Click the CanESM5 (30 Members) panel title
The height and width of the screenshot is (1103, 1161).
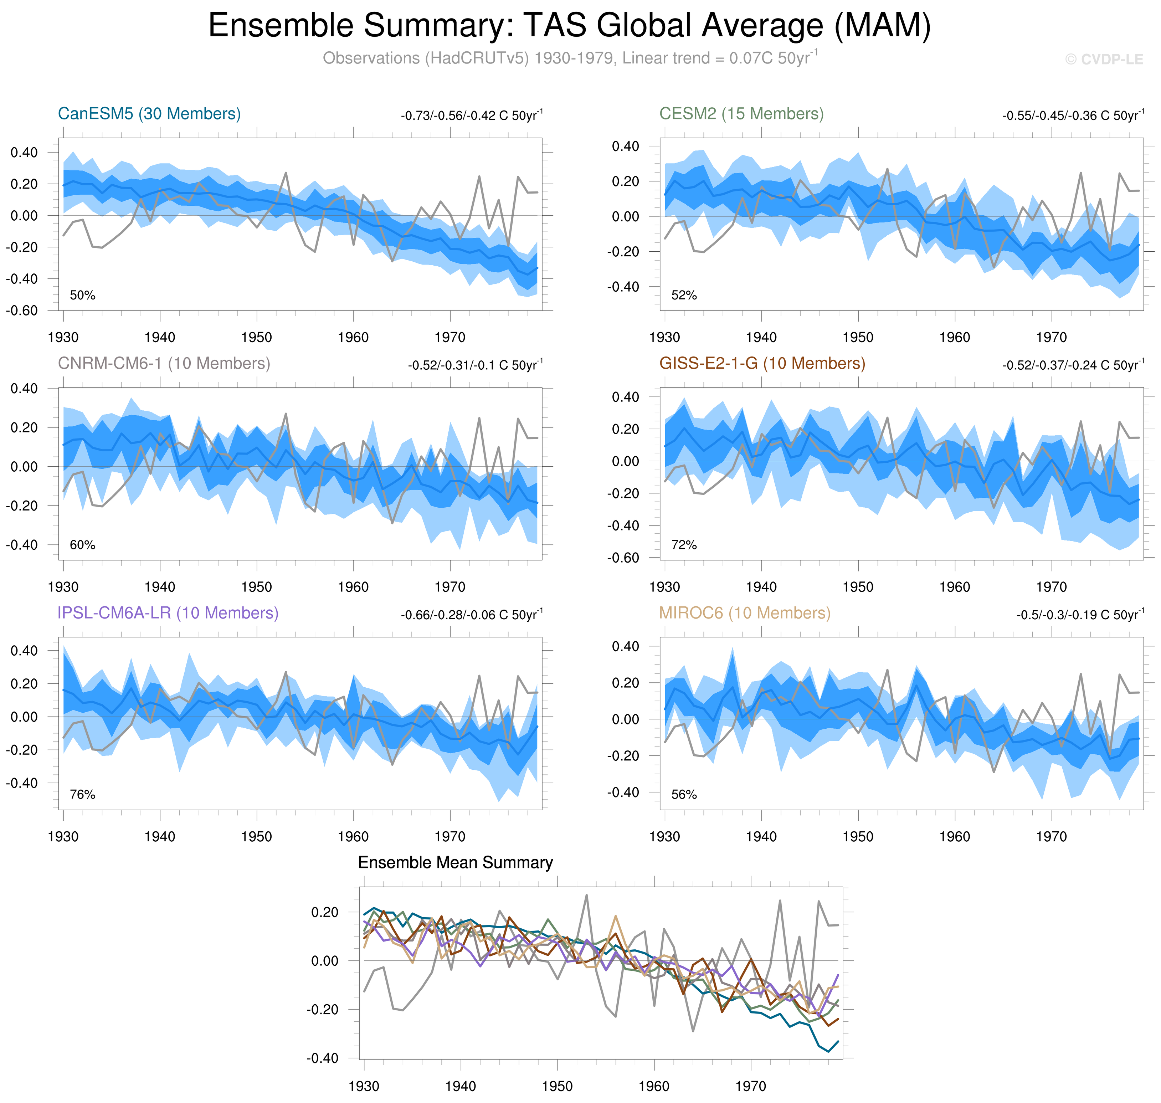149,113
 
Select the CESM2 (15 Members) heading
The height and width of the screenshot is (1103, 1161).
741,113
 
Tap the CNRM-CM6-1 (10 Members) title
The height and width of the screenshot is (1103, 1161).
164,363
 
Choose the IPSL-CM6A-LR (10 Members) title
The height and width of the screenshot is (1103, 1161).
168,613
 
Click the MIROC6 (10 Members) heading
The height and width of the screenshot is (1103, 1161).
745,613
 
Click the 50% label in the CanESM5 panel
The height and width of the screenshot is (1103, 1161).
82,295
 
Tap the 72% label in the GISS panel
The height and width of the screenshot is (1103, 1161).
684,545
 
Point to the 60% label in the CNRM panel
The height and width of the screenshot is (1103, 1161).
82,545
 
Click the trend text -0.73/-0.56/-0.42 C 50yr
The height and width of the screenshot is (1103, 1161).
472,115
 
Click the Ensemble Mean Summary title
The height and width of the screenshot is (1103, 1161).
456,862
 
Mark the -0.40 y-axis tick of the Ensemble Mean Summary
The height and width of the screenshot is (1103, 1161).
322,1058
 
